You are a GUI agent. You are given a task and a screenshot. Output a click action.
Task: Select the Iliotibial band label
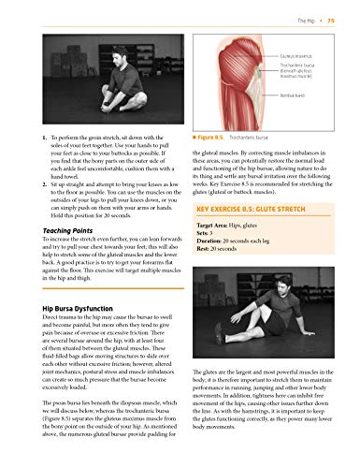320,95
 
